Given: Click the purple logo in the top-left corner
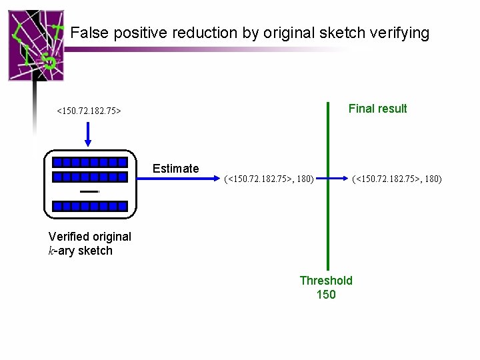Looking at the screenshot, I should (36, 45).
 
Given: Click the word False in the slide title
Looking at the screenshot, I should (87, 33).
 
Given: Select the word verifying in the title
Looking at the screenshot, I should (400, 33).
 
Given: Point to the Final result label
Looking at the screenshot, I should (377, 109).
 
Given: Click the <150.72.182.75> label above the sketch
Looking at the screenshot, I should (89, 111).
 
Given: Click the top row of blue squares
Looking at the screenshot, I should (90, 162).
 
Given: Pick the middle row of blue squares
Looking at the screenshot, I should (90, 177).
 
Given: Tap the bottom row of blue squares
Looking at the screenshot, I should (90, 206).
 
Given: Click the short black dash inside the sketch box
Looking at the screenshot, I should (89, 191).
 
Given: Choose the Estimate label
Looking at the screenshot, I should (175, 169).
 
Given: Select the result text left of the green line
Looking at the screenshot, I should (269, 179).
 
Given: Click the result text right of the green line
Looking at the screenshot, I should (397, 179).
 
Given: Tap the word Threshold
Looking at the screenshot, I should (326, 281).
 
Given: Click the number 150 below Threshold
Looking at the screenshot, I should (326, 295).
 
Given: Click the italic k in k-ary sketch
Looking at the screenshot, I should (52, 251).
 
